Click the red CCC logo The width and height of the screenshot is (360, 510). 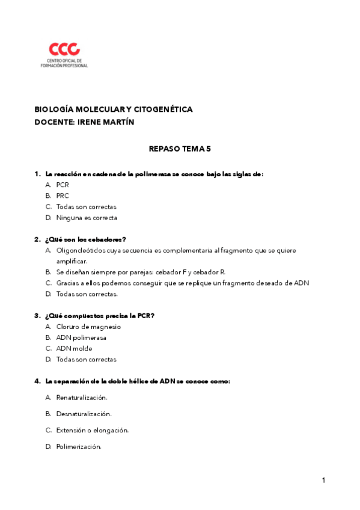pyautogui.click(x=64, y=49)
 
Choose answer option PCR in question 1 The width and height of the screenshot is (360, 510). pyautogui.click(x=63, y=185)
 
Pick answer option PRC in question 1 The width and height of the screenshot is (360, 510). pyautogui.click(x=63, y=196)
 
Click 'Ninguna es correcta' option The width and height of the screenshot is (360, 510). pyautogui.click(x=87, y=218)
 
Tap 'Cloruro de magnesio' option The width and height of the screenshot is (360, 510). pyautogui.click(x=88, y=327)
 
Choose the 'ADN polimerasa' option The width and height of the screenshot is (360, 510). pyautogui.click(x=81, y=337)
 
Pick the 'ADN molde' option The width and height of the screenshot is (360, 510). pyautogui.click(x=74, y=348)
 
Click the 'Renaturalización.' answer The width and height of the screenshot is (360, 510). pyautogui.click(x=82, y=398)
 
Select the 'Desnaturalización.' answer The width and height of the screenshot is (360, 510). pyautogui.click(x=84, y=414)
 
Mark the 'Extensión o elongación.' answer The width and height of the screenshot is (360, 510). pyautogui.click(x=93, y=430)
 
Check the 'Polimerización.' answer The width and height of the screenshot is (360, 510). pyautogui.click(x=79, y=446)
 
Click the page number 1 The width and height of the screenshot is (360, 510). pyautogui.click(x=323, y=480)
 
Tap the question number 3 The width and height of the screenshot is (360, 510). pyautogui.click(x=37, y=316)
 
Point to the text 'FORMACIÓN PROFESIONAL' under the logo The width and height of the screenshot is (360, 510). pyautogui.click(x=64, y=65)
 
